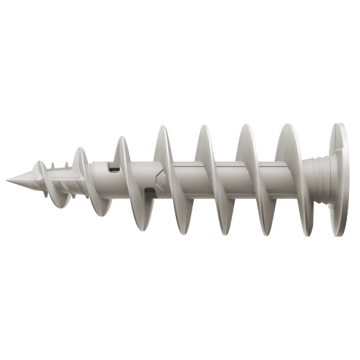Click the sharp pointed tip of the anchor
[x=9, y=181]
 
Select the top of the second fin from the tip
[x=80, y=149]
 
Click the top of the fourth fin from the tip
[x=162, y=127]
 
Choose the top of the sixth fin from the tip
[x=245, y=125]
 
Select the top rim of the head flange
[x=339, y=126]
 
